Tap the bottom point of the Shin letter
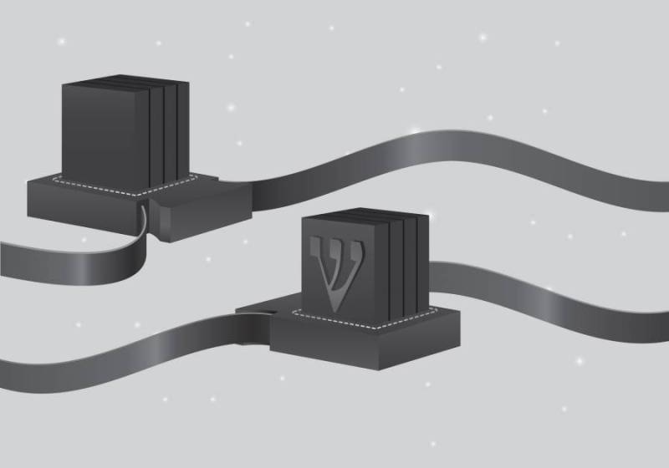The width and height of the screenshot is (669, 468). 336,312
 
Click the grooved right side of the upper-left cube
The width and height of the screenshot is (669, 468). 170,135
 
